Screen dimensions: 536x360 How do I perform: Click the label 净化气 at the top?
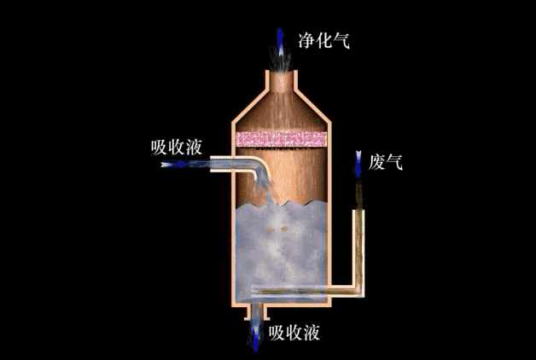(323, 41)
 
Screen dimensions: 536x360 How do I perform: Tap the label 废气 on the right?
(385, 162)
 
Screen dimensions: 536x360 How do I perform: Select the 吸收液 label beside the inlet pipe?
(177, 148)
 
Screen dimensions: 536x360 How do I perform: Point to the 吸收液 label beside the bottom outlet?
(294, 333)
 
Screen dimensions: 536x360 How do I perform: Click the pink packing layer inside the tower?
(281, 139)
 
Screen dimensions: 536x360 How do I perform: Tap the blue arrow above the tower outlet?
(280, 41)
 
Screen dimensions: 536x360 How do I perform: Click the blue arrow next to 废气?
(358, 164)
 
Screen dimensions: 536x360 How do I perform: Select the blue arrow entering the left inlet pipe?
(178, 165)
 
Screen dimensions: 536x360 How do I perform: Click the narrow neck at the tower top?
(282, 82)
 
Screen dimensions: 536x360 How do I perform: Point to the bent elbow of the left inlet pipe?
(259, 167)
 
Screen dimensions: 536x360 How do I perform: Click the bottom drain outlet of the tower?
(255, 311)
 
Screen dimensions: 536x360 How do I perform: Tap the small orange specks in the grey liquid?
(277, 228)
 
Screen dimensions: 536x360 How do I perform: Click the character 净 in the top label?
(306, 41)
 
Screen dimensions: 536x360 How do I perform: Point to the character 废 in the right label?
(376, 162)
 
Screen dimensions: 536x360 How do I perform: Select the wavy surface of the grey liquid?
(281, 204)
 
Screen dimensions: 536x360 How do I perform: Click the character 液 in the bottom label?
(312, 333)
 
